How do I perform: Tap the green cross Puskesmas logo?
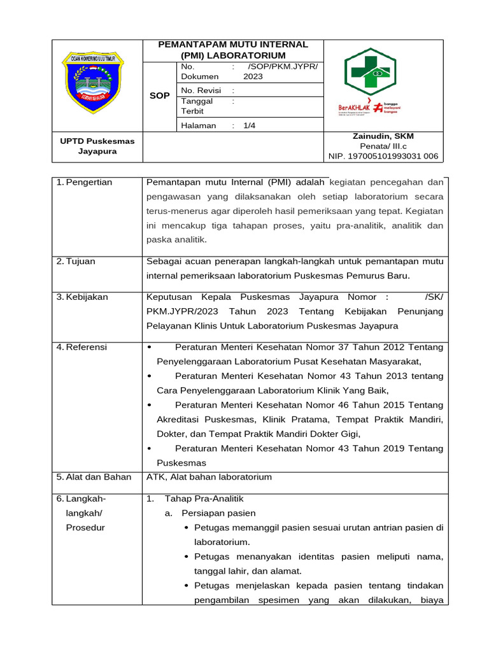tap(370, 72)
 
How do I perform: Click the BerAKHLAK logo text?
tap(355, 108)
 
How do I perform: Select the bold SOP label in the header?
tap(159, 96)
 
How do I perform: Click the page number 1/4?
tap(249, 125)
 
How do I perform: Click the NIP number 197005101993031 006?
tap(383, 155)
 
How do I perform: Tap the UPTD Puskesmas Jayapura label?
tap(97, 146)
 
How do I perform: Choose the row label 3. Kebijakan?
tap(82, 297)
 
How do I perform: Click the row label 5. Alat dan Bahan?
tap(94, 477)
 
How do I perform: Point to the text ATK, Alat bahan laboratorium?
tap(209, 477)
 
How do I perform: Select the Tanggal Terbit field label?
tap(197, 106)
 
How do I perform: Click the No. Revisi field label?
tap(201, 90)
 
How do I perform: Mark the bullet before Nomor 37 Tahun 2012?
tap(149, 347)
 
